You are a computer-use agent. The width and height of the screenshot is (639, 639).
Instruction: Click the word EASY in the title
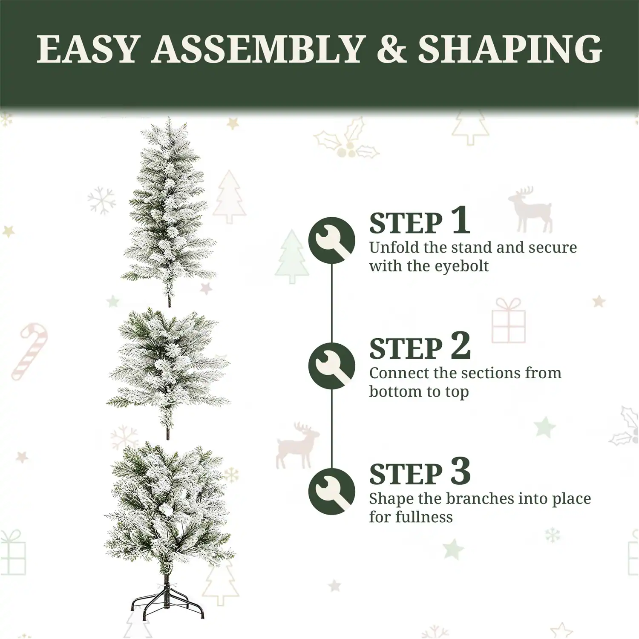click(x=88, y=49)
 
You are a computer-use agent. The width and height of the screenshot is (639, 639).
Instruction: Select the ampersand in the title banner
click(x=391, y=49)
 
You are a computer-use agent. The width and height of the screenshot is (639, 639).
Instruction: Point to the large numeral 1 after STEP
click(x=461, y=220)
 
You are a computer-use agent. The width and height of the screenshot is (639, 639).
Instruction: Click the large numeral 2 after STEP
click(x=461, y=346)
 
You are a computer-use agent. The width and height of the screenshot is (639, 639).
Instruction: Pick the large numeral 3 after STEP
click(x=461, y=471)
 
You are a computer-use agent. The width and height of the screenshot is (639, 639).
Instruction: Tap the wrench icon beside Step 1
click(x=331, y=240)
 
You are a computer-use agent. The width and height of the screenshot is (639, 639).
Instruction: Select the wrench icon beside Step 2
click(x=331, y=366)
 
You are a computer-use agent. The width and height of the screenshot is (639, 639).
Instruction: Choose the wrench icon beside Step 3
click(x=331, y=492)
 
